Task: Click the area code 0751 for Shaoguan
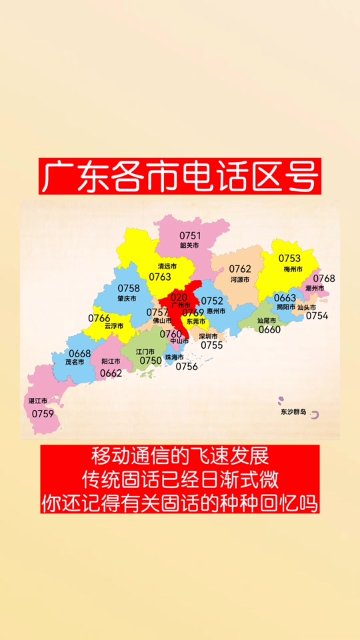tap(190, 235)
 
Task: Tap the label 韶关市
tap(189, 245)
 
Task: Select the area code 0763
tap(160, 277)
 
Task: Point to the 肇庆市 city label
tap(126, 299)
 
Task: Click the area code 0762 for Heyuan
tap(240, 269)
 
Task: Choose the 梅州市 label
tap(293, 269)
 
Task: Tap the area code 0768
tap(324, 278)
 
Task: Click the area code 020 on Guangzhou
tap(179, 297)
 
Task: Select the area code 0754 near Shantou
tap(317, 316)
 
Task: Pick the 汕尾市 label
tap(269, 320)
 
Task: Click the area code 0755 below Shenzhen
tap(211, 345)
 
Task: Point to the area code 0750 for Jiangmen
tap(151, 361)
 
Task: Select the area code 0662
tap(111, 373)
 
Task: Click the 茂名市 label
tap(75, 362)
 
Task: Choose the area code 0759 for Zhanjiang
tap(43, 413)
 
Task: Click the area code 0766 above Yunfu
tap(99, 318)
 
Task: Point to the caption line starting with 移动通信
tap(180, 457)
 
